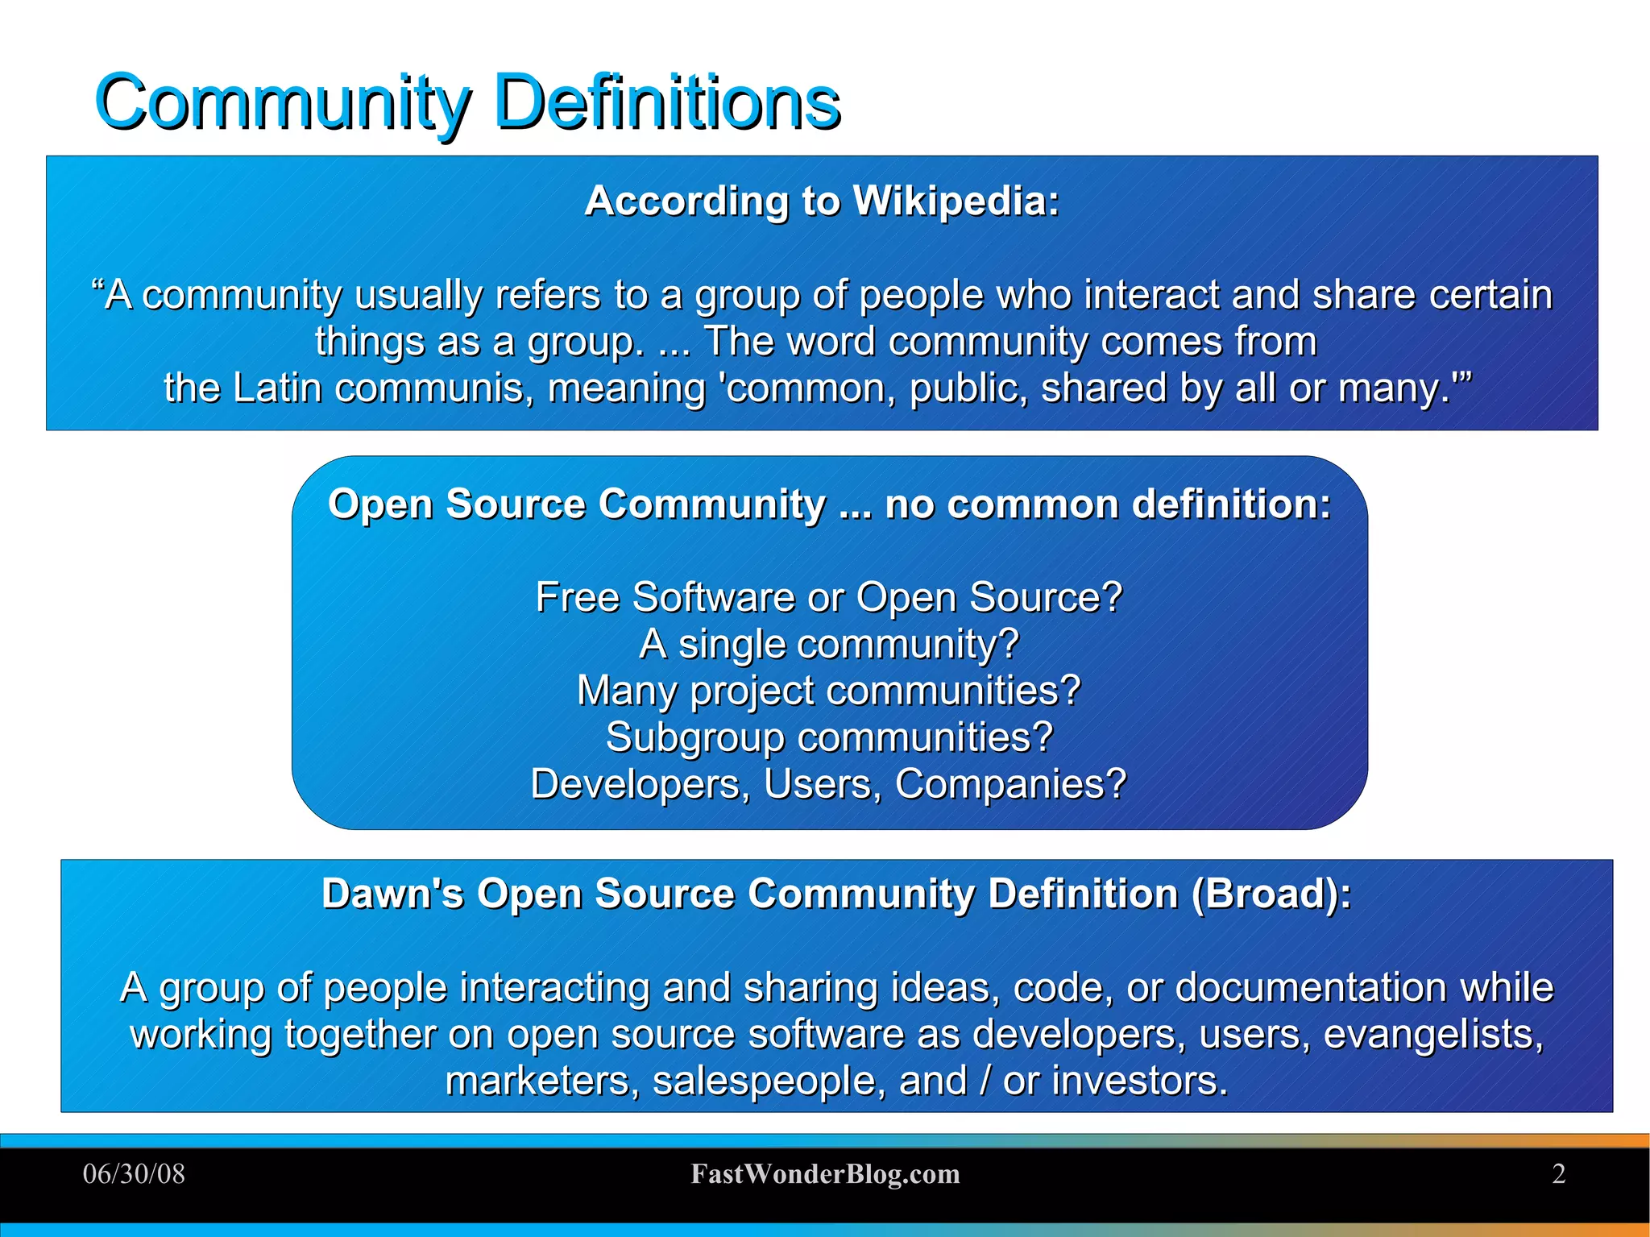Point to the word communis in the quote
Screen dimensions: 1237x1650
(433, 388)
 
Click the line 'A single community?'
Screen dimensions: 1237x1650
(829, 644)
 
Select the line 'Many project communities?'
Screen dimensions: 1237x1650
(829, 691)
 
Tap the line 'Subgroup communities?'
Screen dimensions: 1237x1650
(829, 737)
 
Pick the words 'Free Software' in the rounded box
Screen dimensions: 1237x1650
(665, 597)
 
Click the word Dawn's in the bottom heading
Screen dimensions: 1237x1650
(392, 893)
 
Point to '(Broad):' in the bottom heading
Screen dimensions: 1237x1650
(1271, 893)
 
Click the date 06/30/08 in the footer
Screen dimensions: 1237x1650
(134, 1173)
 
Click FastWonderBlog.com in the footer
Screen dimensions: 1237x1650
(825, 1173)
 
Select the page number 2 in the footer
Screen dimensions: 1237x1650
(1558, 1173)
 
